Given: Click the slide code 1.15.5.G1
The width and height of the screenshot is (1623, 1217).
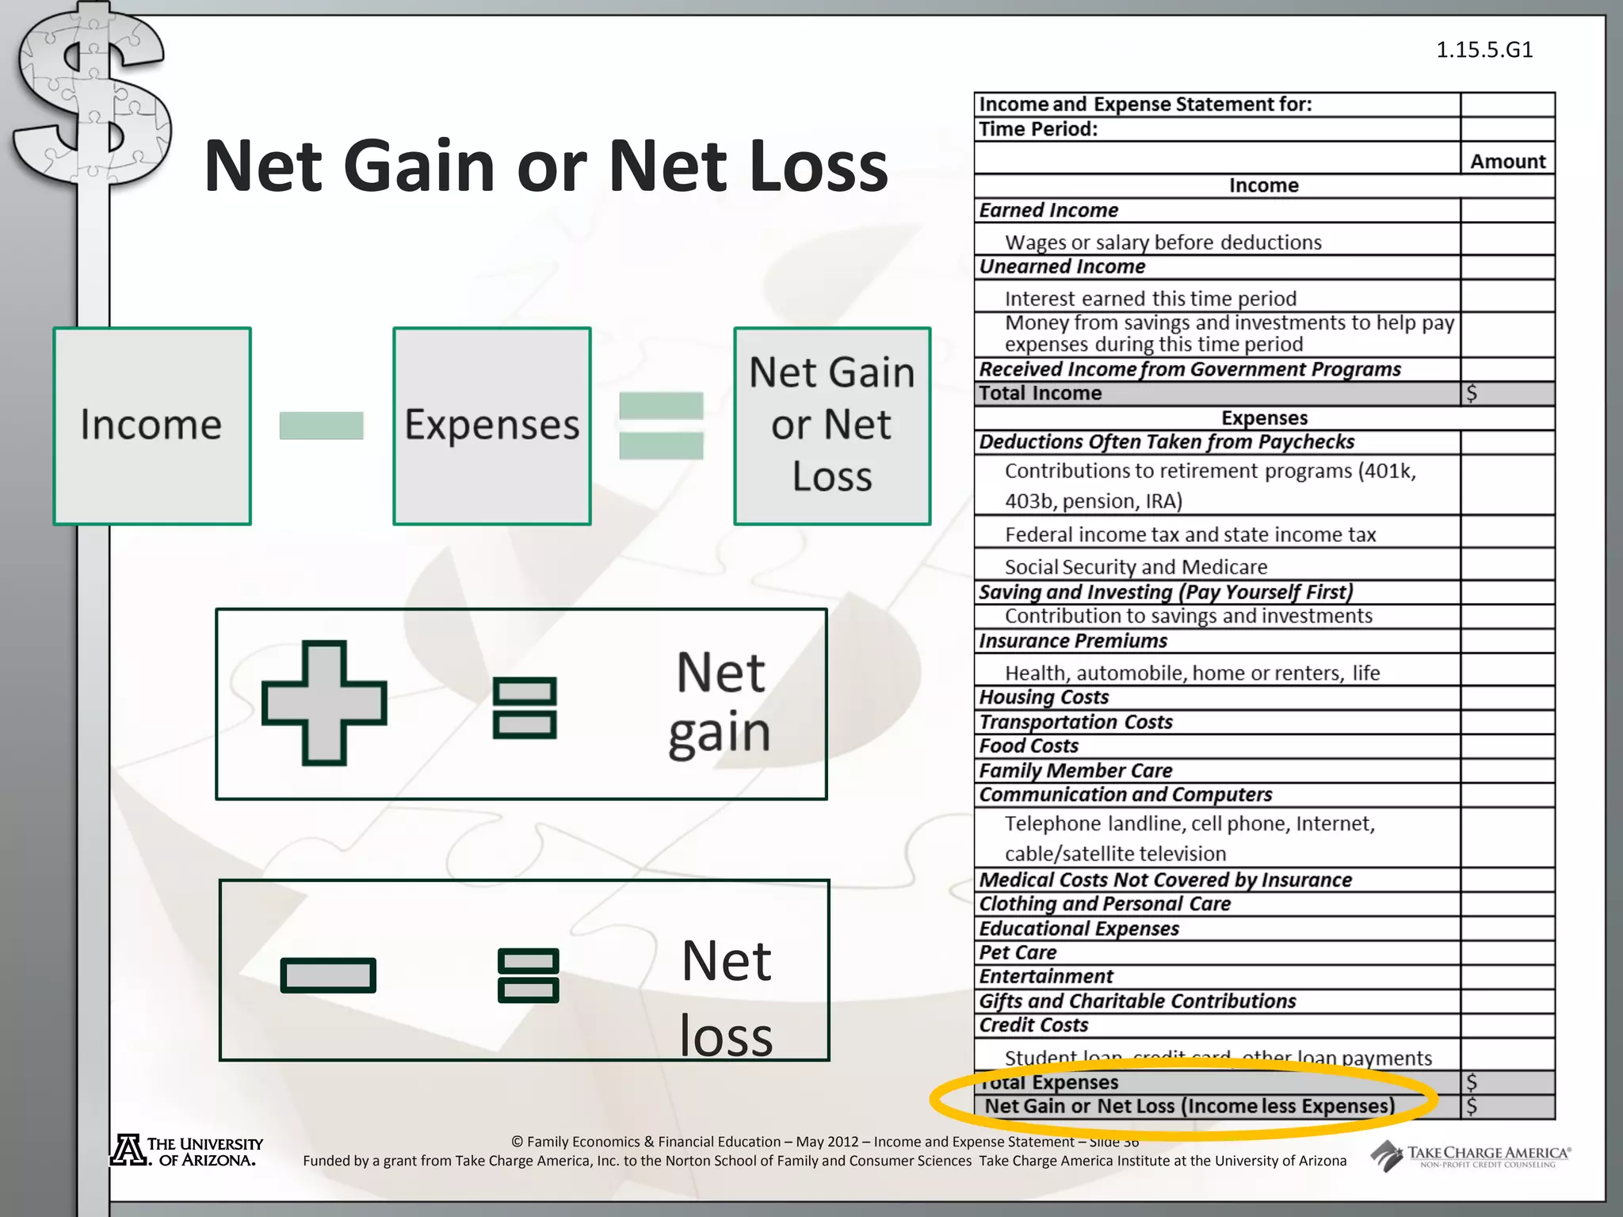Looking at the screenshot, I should point(1484,50).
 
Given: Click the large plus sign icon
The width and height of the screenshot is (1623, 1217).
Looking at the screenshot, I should point(324,703).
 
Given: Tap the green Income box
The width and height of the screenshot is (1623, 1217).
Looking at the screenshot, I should point(152,426).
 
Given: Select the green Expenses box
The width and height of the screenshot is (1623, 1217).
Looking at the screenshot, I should point(492,426).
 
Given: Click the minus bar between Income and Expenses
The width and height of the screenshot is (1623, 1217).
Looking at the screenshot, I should point(321,425).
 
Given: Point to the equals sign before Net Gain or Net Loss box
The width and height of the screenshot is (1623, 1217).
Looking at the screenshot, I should point(661,425).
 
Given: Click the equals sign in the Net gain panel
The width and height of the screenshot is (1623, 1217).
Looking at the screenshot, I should point(525,708).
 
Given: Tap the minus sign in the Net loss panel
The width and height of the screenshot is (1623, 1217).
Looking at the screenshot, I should point(328,975).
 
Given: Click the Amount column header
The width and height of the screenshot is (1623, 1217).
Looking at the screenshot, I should point(1507,162).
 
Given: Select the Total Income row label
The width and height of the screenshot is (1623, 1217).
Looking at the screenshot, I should point(1040,394).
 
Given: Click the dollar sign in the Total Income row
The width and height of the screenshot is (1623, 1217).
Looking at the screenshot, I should point(1472,394).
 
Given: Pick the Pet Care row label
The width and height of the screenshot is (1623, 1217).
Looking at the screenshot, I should point(1018,952).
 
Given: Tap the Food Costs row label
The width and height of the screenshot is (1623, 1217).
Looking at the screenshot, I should point(1029,746).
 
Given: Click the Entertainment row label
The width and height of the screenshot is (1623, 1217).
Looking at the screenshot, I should point(1046,977).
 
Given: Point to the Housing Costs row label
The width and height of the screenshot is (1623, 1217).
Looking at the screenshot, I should point(1044,697).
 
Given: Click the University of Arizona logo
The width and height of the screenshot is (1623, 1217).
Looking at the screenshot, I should point(187,1151).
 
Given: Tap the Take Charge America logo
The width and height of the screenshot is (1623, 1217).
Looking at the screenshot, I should point(1471,1155).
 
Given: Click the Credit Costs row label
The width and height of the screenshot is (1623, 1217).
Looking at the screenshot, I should point(1033,1025).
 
